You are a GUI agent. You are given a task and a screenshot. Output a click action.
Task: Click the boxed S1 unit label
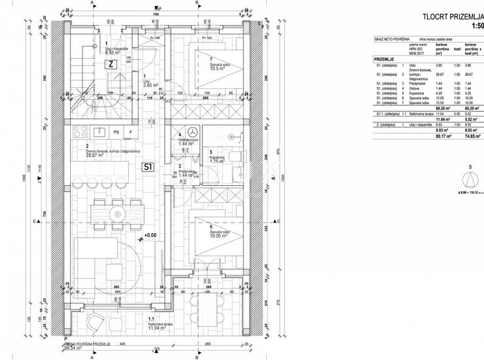click(148, 166)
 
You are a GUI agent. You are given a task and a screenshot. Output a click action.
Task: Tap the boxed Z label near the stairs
click(112, 64)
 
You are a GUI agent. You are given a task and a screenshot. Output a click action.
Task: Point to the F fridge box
click(130, 132)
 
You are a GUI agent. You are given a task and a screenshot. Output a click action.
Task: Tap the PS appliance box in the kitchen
click(116, 132)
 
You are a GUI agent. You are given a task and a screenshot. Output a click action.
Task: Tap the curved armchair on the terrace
click(96, 323)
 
